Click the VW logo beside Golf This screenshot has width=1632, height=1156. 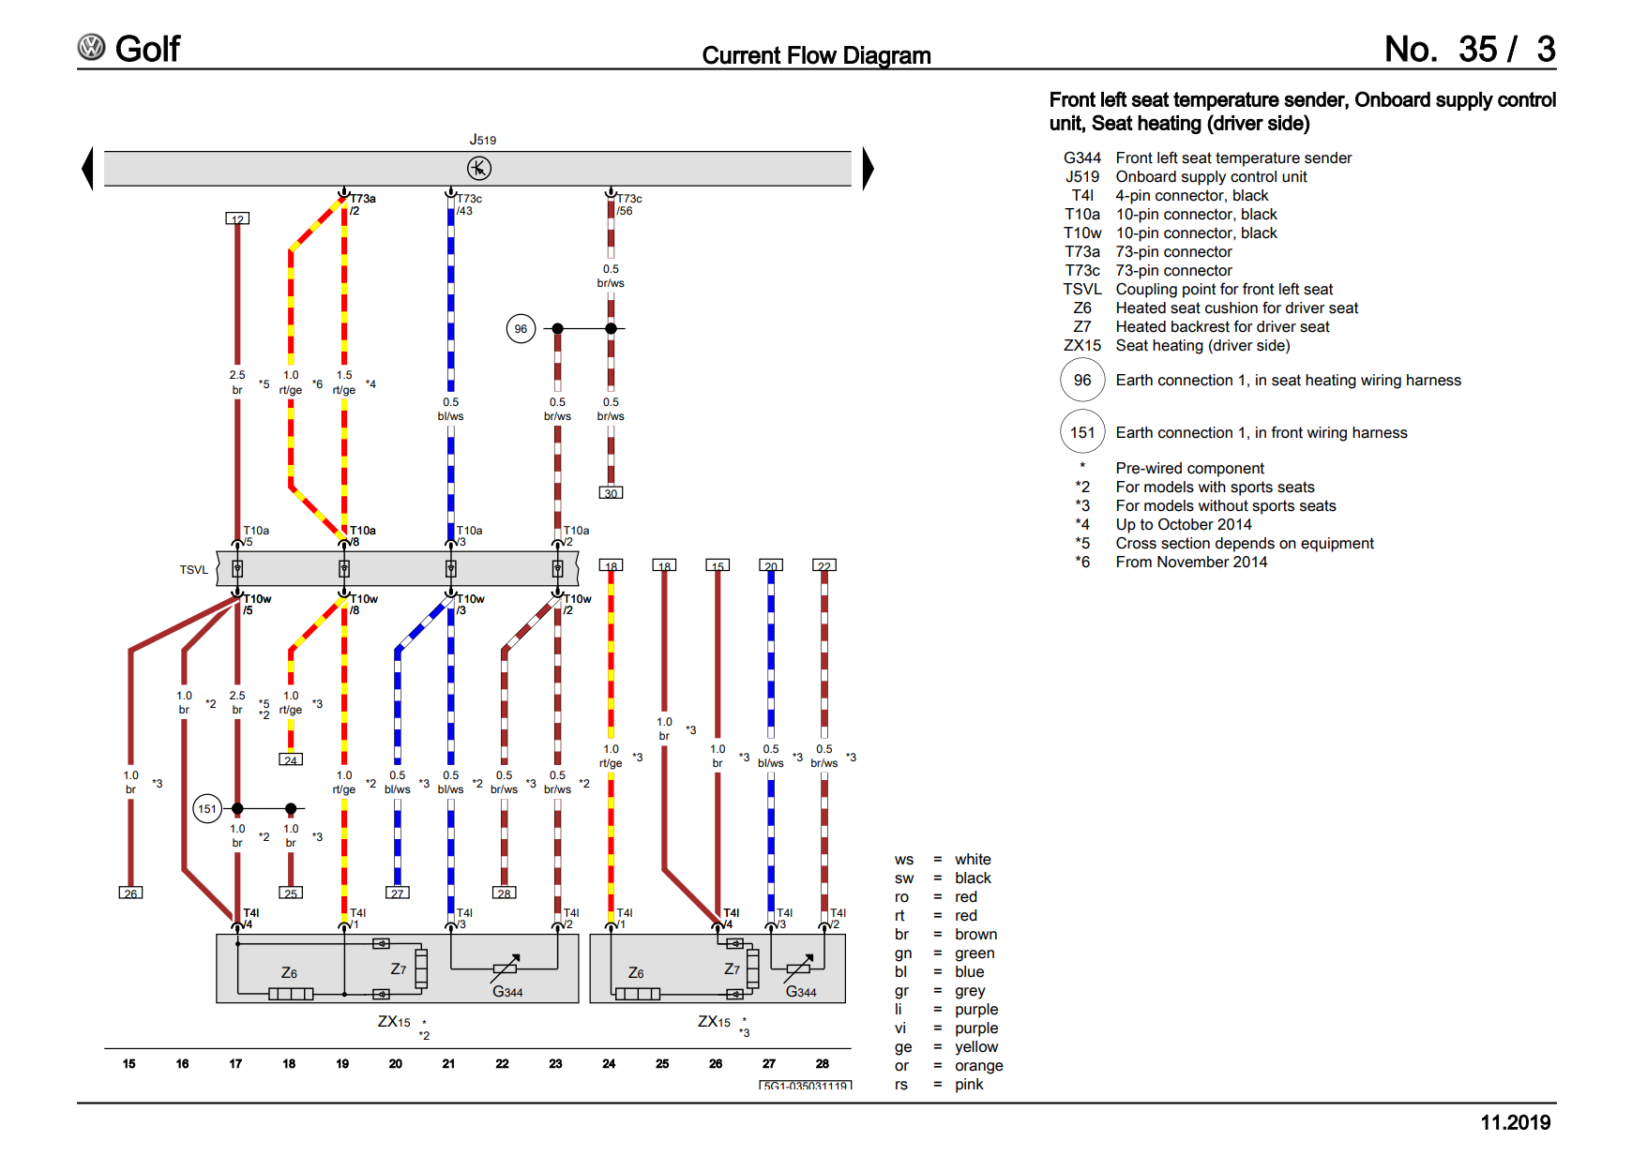91,48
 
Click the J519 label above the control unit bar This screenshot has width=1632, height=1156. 482,140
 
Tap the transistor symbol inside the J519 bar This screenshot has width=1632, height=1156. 478,168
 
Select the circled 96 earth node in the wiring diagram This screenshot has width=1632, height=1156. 521,329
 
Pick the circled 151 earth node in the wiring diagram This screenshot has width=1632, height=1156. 207,809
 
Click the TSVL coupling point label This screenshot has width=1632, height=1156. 194,570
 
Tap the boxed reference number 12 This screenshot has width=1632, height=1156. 237,219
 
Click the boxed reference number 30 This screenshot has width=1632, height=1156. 611,493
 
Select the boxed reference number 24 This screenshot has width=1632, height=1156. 291,760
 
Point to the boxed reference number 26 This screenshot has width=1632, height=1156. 130,893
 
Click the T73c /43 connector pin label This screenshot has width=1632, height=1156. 468,204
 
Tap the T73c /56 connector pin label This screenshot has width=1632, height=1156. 628,204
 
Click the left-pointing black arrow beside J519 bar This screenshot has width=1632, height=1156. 88,169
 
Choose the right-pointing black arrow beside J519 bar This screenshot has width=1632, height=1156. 868,169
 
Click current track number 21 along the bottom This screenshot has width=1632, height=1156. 448,1063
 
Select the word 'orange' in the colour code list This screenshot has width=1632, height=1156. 978,1065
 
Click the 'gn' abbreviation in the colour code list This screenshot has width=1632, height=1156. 902,953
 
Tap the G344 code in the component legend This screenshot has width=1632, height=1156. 1081,158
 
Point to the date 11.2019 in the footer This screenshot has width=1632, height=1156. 1515,1122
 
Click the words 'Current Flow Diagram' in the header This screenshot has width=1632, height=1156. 816,55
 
